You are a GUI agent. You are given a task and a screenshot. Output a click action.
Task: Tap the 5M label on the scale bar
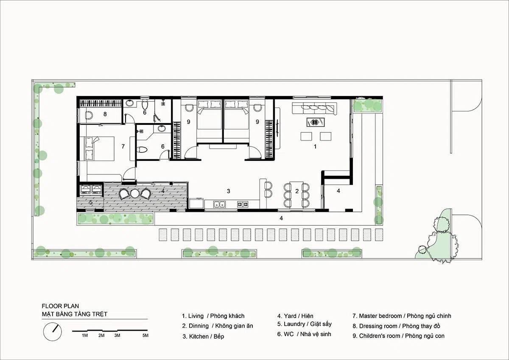pyautogui.click(x=145, y=335)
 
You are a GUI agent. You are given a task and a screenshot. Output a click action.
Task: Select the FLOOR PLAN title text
pyautogui.click(x=60, y=306)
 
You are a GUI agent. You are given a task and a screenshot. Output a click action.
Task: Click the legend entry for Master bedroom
pyautogui.click(x=402, y=316)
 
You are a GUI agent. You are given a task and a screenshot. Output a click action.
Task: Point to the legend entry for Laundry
pyautogui.click(x=304, y=324)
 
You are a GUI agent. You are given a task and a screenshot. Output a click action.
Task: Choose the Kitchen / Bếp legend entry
pyautogui.click(x=203, y=336)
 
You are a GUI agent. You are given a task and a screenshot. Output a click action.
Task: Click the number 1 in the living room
pyautogui.click(x=315, y=147)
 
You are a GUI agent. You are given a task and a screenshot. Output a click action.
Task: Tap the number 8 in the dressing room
pyautogui.click(x=105, y=114)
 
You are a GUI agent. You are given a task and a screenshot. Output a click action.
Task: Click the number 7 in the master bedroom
pyautogui.click(x=123, y=146)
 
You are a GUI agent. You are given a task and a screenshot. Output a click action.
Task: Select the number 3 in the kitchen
pyautogui.click(x=229, y=191)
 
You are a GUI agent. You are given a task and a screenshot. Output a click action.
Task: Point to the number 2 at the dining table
pyautogui.click(x=297, y=191)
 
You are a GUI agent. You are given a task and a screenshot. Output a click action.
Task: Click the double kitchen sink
pyautogui.click(x=220, y=204)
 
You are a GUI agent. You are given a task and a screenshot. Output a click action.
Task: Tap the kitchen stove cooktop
pyautogui.click(x=243, y=204)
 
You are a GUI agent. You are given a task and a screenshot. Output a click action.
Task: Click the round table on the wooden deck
pyautogui.click(x=135, y=193)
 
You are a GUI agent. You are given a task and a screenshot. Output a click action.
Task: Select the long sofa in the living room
pyautogui.click(x=314, y=108)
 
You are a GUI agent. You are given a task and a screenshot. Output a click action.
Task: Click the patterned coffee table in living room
pyautogui.click(x=316, y=122)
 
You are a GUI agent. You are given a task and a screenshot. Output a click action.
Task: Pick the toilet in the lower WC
pyautogui.click(x=142, y=149)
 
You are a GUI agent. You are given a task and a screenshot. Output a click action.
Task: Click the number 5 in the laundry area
pyautogui.click(x=91, y=202)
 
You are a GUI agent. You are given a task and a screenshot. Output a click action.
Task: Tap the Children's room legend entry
pyautogui.click(x=398, y=336)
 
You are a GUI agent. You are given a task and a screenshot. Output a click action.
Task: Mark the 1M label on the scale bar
pyautogui.click(x=85, y=335)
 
